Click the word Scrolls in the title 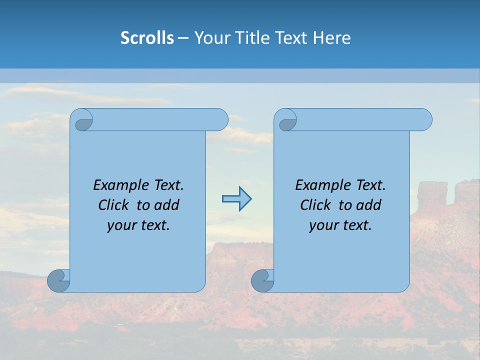pyautogui.click(x=147, y=37)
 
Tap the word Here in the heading pyautogui.click(x=332, y=37)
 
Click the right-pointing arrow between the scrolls pyautogui.click(x=237, y=198)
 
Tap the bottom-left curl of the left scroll pyautogui.click(x=59, y=280)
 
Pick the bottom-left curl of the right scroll pyautogui.click(x=262, y=280)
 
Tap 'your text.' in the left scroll pyautogui.click(x=138, y=225)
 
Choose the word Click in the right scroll pyautogui.click(x=315, y=205)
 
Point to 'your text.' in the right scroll pyautogui.click(x=340, y=225)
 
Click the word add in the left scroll pyautogui.click(x=167, y=205)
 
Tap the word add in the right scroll pyautogui.click(x=369, y=205)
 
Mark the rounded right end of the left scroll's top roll pyautogui.click(x=220, y=120)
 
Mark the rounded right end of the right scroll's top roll pyautogui.click(x=424, y=120)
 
